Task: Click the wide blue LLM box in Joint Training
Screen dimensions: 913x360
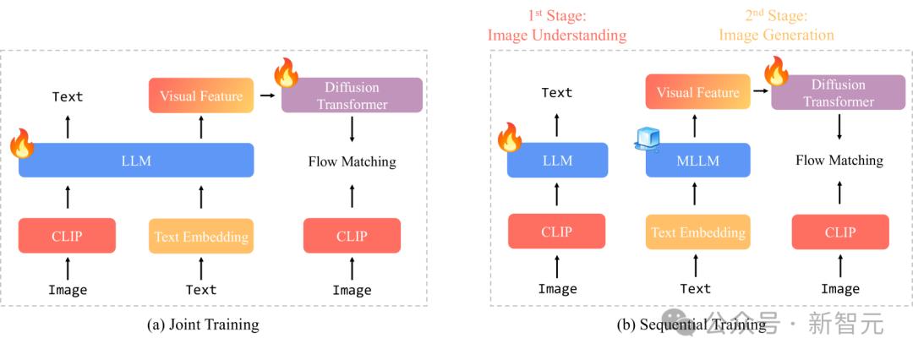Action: pos(136,161)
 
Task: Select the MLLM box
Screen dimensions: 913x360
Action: pos(697,161)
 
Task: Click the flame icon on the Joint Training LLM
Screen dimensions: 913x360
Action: pos(22,144)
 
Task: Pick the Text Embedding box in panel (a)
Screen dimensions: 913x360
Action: pos(201,236)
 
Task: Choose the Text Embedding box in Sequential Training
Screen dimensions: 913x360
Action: pos(697,232)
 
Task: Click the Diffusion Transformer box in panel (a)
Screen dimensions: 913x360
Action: pos(352,95)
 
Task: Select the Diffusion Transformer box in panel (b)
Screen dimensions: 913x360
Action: pos(839,92)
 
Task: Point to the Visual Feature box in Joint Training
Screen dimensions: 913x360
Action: pos(201,95)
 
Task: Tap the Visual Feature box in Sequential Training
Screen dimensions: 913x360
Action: pos(697,91)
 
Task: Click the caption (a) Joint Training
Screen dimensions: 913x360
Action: pos(203,324)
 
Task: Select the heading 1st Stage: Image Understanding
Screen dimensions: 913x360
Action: pos(556,25)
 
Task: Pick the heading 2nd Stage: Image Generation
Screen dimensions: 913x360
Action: pos(776,25)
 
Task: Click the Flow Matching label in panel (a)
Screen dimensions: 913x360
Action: pos(353,161)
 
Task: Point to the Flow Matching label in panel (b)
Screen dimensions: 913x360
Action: pos(839,160)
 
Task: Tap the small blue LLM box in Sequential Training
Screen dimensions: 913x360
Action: pos(557,161)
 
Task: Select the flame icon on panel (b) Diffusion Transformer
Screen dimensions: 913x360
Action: pos(776,71)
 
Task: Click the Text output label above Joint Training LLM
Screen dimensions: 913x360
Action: pos(68,96)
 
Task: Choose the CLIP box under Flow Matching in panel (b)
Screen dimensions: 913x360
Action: pos(840,232)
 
